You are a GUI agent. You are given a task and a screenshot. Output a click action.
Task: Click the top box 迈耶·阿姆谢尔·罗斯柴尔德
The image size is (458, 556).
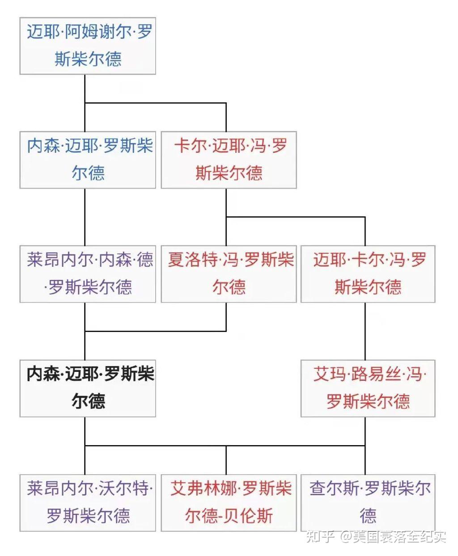[88, 46]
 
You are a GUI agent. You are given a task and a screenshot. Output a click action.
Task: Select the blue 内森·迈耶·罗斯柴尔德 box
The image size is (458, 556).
[88, 160]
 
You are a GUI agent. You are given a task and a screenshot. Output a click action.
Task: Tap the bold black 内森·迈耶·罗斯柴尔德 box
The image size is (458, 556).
[88, 388]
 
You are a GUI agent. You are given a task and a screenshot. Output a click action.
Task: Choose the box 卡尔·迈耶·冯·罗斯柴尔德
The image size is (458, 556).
[229, 160]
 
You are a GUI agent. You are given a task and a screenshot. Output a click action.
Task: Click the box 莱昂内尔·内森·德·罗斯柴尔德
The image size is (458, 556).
[88, 274]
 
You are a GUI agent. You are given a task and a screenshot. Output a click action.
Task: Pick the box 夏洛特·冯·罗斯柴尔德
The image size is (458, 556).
[229, 274]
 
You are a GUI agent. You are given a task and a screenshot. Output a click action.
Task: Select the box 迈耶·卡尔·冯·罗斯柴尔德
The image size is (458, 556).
[368, 274]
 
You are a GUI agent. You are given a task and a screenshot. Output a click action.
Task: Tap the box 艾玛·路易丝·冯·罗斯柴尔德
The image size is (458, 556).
[368, 388]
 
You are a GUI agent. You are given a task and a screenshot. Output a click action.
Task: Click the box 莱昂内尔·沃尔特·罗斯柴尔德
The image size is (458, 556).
[88, 502]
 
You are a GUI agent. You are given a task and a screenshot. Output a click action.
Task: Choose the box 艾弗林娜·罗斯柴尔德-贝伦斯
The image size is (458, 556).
[229, 502]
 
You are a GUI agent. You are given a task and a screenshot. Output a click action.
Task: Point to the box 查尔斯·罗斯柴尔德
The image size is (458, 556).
[368, 502]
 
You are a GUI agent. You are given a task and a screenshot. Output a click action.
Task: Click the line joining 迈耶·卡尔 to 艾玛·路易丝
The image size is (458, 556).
[365, 331]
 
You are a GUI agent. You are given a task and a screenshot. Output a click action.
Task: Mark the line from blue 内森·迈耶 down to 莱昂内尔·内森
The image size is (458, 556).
[85, 217]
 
